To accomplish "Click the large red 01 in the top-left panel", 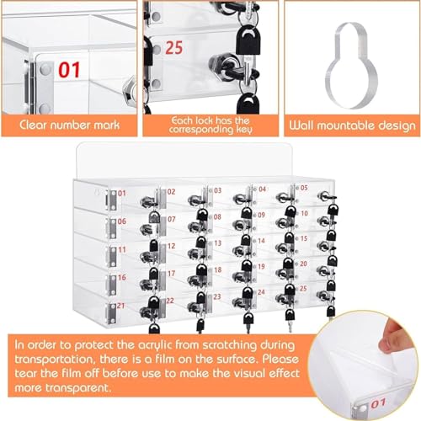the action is pos(69,70).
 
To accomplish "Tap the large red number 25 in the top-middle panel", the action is pos(174,48).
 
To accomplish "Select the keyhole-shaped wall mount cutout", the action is pos(352,66).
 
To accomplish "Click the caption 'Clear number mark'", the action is pos(70,125).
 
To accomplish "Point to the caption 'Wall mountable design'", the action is pos(352,125).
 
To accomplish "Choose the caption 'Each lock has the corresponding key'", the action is pos(210,125).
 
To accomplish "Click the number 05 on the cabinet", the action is pos(304,188).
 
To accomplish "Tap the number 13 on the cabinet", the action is pos(218,243).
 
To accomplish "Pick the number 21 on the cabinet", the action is pos(120,306).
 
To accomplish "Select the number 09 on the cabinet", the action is pos(261,215).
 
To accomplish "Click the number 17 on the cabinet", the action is pos(171,274).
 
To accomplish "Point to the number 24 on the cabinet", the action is pos(261,292).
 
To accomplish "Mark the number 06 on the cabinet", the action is pos(121,221).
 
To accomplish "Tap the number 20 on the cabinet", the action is pos(303,264).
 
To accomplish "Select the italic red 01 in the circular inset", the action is pos(379,403).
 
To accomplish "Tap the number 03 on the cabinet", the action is pos(218,190).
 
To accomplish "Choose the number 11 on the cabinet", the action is pos(122,249).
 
